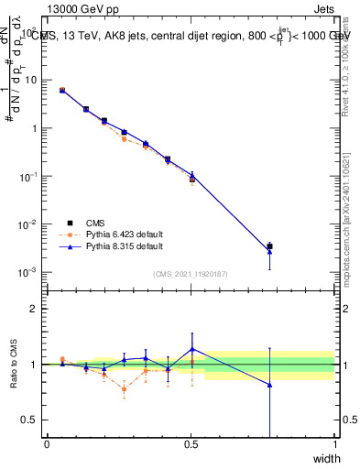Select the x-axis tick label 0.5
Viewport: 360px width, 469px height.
pos(191,444)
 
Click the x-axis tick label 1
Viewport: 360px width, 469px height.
pos(335,444)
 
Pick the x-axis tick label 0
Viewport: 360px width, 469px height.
pos(47,444)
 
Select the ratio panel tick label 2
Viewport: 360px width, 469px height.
pos(35,309)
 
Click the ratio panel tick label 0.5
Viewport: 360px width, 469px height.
pos(30,420)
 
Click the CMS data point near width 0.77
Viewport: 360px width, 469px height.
pos(269,246)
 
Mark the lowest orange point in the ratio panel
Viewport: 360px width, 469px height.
pos(124,389)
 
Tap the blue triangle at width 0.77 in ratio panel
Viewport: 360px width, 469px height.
pos(269,385)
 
